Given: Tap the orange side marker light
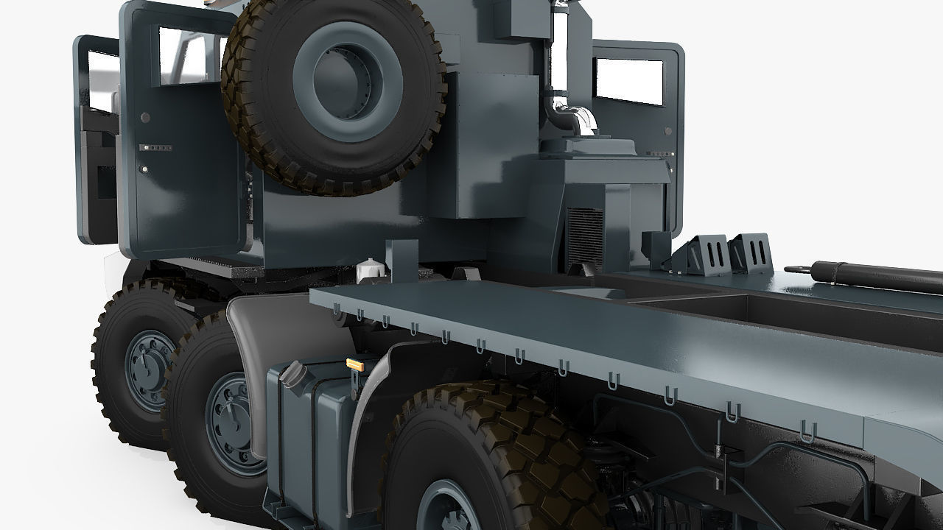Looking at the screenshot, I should coord(355,364).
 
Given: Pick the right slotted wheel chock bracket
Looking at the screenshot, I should coord(752,252).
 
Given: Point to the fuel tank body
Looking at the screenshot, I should coord(309,434).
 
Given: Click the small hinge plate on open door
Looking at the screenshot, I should coord(157,148).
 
